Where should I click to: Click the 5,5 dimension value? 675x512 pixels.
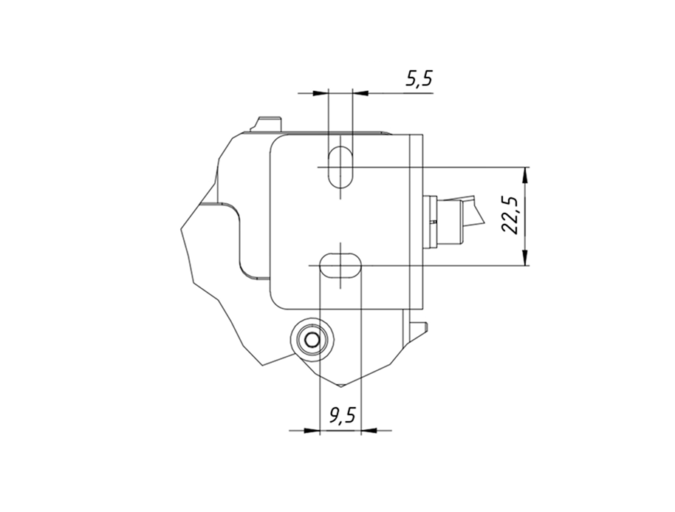pos(419,79)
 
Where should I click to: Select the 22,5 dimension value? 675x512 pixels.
pos(511,215)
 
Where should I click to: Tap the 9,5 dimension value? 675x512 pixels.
pos(342,415)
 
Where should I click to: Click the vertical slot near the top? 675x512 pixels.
pos(340,167)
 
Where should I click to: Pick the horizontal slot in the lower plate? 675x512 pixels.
pos(340,265)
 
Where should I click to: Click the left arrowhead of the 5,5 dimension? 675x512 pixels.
pos(321,92)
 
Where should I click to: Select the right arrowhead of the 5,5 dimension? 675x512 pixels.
pos(360,92)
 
